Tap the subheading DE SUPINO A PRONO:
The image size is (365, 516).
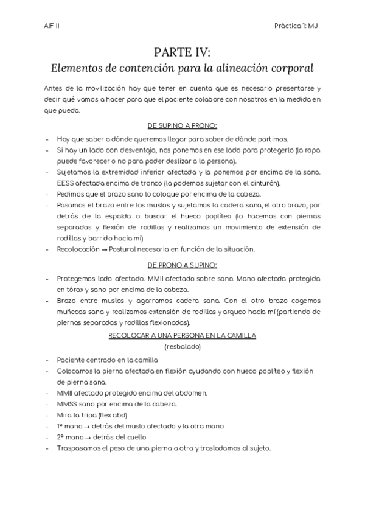click(182, 125)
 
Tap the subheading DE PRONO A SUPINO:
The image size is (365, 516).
click(182, 265)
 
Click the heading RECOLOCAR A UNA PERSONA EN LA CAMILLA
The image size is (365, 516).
click(182, 335)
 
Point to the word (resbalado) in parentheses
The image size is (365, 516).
click(182, 346)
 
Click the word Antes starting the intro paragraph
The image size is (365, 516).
click(55, 88)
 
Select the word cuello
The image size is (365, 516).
click(136, 437)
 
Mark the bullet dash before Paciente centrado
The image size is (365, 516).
click(47, 360)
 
